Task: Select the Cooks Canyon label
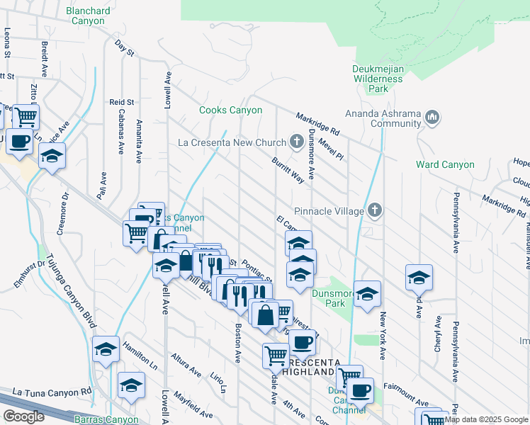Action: (230, 110)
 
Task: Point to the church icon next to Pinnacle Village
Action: (375, 210)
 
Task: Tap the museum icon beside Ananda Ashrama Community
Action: (434, 116)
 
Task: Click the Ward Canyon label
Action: (445, 165)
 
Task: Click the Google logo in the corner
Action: (23, 416)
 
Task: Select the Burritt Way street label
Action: (288, 170)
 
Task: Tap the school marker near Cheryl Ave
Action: (419, 276)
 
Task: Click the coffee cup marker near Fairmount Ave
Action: (360, 390)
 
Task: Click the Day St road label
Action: (124, 48)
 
